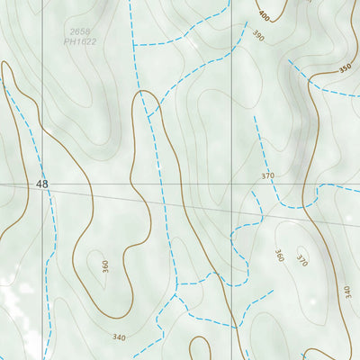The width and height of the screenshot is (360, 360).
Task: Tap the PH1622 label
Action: click(x=81, y=42)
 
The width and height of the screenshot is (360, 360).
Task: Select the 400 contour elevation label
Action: click(x=264, y=16)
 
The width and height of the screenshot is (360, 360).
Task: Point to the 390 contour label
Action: click(x=258, y=36)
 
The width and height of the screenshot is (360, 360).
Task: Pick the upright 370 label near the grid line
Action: click(x=267, y=175)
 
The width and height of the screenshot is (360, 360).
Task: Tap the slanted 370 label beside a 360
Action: click(x=302, y=261)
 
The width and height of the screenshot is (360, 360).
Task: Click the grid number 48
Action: click(x=42, y=184)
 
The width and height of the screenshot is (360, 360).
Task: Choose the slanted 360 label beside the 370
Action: click(x=279, y=256)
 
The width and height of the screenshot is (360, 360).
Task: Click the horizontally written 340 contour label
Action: click(x=120, y=337)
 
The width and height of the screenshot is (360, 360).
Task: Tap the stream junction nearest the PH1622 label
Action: click(x=133, y=43)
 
